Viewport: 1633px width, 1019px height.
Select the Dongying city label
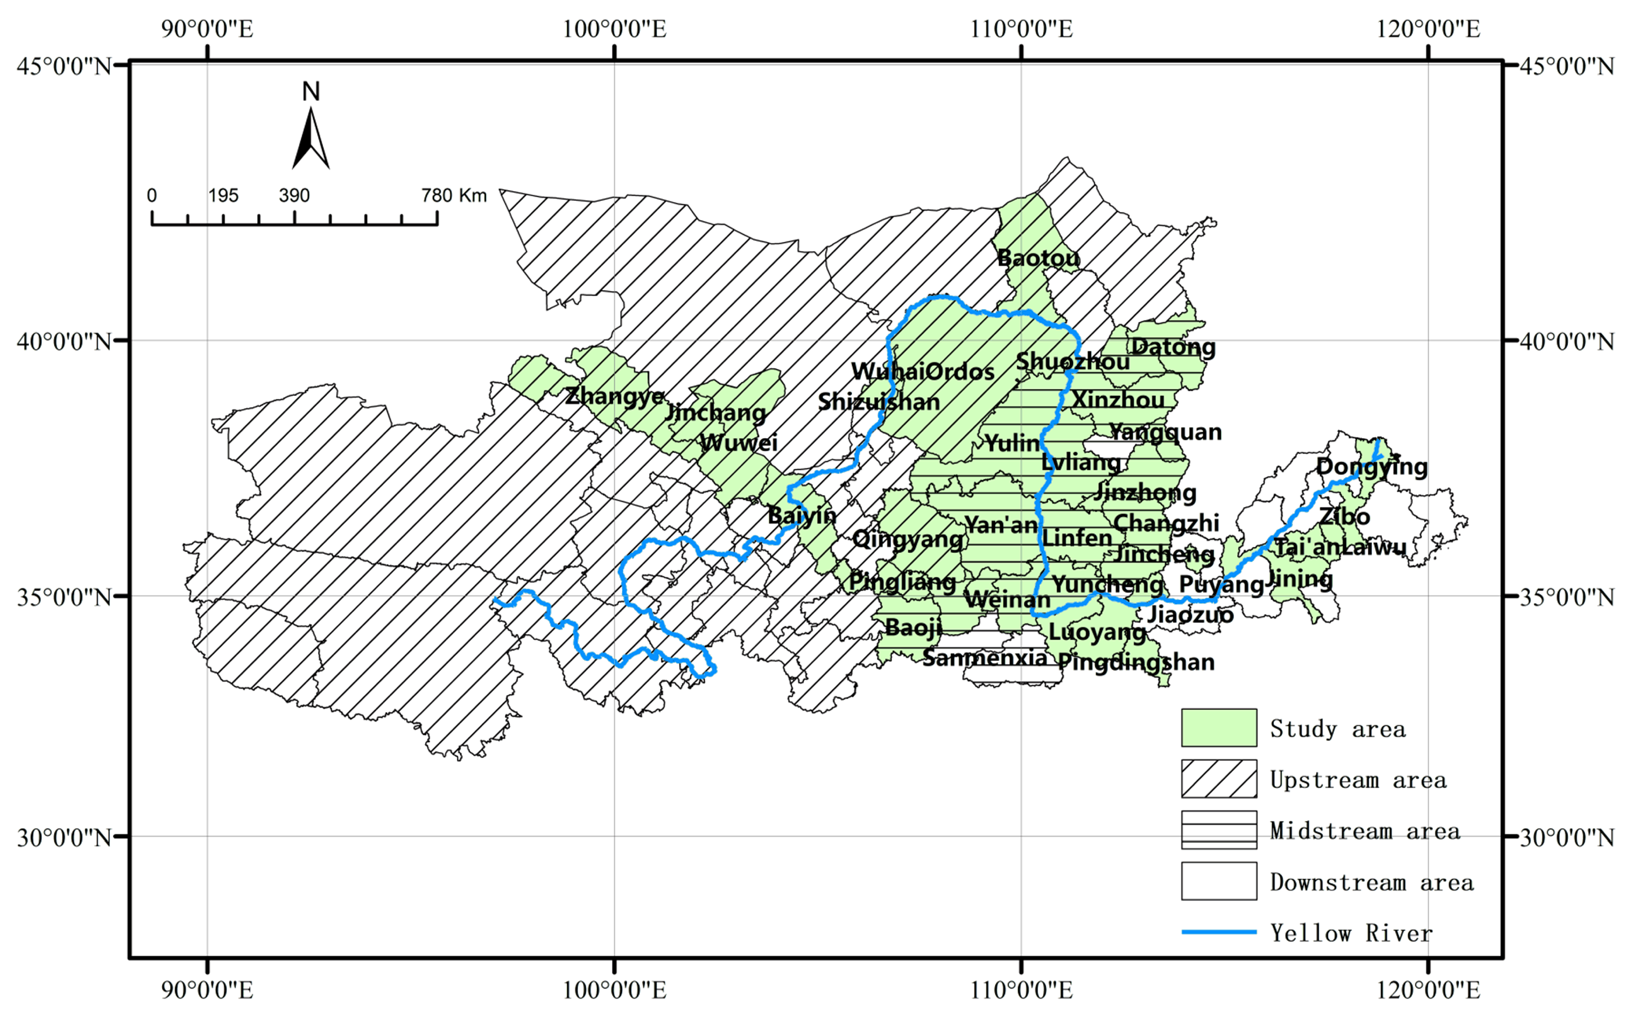tap(1372, 466)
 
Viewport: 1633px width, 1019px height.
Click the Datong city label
tap(1173, 347)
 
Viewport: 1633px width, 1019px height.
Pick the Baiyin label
tap(802, 516)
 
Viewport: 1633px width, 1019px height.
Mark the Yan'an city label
tap(1000, 524)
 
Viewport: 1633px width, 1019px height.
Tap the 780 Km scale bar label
tap(453, 195)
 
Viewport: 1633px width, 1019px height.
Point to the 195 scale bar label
tap(223, 195)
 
